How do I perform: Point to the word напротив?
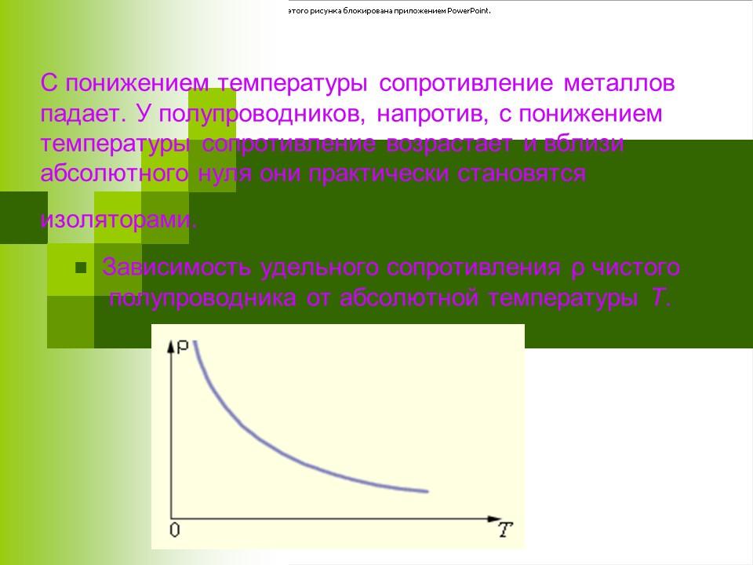(x=430, y=114)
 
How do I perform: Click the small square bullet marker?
(x=80, y=268)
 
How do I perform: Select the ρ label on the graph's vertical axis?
(x=182, y=346)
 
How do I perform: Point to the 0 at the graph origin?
(x=174, y=530)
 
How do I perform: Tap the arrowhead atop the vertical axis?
(x=169, y=345)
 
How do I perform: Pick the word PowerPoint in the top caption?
(x=468, y=12)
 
